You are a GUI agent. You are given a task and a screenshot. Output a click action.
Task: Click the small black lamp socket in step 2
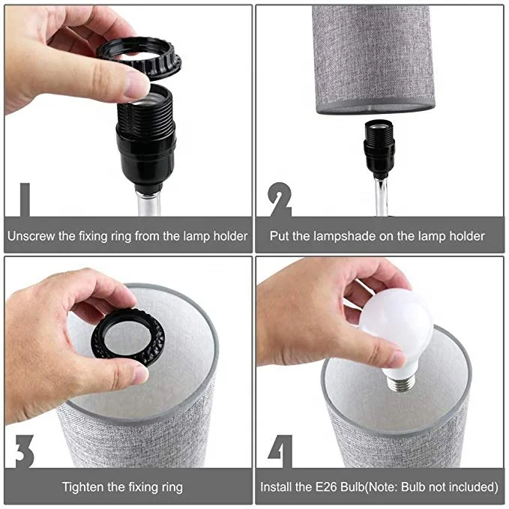pos(380,146)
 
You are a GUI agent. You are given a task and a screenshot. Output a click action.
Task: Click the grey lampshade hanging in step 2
pos(373,56)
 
